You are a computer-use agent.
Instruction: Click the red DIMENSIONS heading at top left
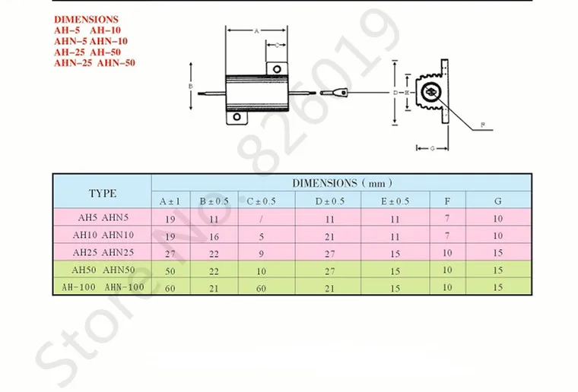[x=86, y=19]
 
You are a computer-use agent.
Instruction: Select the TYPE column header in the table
[x=103, y=193]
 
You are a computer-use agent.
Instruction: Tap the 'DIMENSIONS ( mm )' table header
[x=341, y=183]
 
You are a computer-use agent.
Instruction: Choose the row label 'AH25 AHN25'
[x=103, y=251]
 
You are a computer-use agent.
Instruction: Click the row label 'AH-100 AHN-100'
[x=103, y=286]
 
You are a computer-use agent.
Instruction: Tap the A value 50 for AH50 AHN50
[x=170, y=270]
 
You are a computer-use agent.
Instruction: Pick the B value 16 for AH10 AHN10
[x=214, y=236]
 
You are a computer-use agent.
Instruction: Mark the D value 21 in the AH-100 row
[x=330, y=287]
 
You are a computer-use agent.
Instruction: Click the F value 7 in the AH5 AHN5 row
[x=447, y=219]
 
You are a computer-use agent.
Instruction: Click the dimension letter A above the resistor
[x=256, y=31]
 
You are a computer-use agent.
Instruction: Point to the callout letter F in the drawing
[x=481, y=125]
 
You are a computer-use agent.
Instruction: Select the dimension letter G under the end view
[x=431, y=148]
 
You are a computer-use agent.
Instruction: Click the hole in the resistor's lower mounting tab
[x=237, y=118]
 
